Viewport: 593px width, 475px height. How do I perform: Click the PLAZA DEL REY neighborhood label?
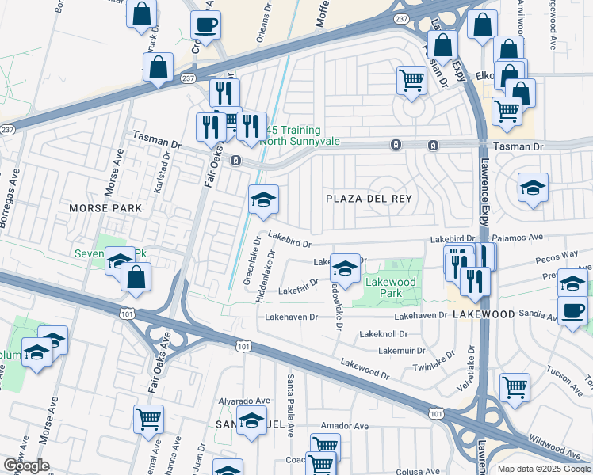pos(369,199)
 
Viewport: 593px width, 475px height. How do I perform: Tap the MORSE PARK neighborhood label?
pos(105,208)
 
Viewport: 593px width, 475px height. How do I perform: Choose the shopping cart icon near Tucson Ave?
pos(515,387)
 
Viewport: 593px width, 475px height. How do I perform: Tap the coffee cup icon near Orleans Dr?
pos(205,25)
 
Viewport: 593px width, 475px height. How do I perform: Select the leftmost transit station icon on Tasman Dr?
pos(235,161)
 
